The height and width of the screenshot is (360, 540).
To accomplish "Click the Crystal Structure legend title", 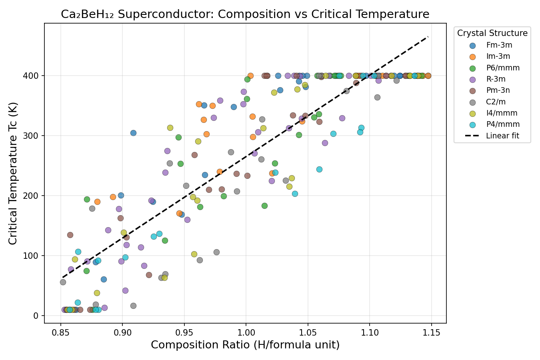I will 492,33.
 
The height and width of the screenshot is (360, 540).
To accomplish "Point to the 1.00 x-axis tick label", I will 246,333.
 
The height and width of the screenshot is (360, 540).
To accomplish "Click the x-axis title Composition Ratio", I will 245,345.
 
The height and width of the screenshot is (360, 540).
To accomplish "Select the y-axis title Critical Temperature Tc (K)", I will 13,173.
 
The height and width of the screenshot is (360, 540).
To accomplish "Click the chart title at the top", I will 245,14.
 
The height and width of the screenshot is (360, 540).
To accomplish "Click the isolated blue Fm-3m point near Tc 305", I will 133,133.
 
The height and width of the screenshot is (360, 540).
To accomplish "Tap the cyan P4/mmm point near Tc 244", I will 319,169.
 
